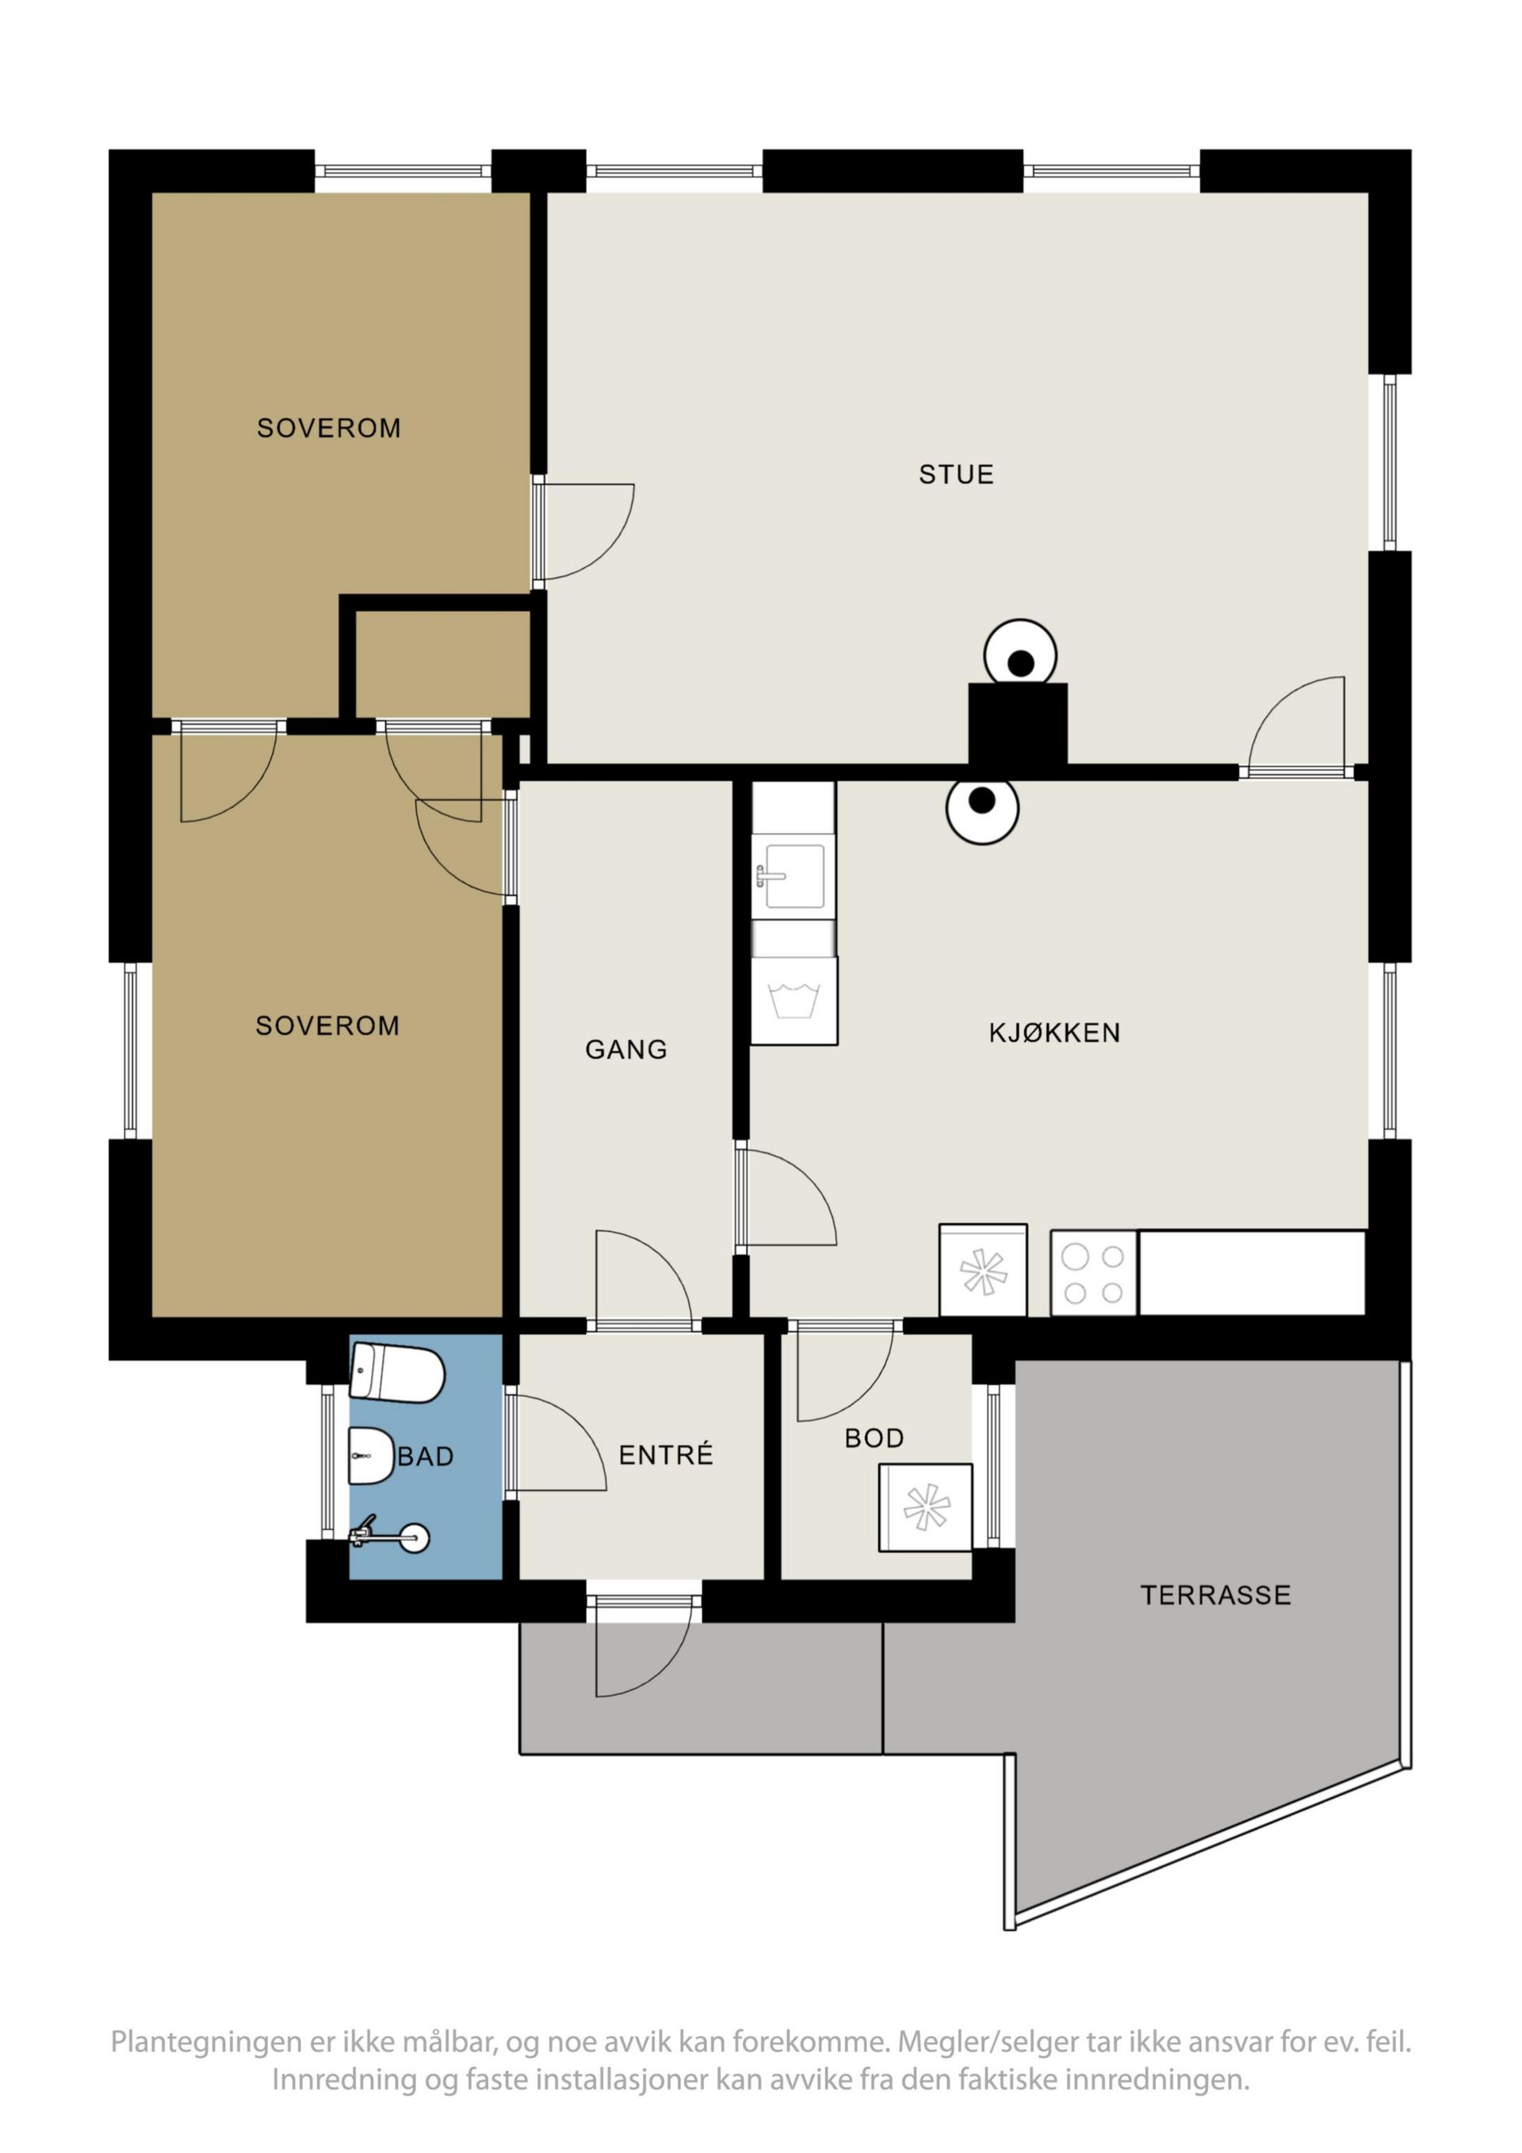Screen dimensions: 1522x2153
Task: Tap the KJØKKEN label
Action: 1054,1032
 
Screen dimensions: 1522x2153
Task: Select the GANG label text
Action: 625,1050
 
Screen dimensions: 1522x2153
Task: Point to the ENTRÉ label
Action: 666,1455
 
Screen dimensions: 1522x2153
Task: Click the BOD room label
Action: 874,1439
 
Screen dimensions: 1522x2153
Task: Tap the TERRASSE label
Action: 1215,1595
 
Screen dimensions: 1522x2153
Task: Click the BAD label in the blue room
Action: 426,1456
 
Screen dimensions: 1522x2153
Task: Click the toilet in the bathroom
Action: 396,1374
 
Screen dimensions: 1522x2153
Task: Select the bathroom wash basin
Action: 371,1456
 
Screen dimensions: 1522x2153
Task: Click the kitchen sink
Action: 794,877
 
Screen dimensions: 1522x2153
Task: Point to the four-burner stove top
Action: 1093,1273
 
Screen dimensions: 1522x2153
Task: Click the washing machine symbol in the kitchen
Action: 794,1000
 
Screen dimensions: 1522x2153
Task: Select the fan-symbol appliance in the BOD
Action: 926,1507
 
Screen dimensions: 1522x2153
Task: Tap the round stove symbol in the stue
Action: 1020,656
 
